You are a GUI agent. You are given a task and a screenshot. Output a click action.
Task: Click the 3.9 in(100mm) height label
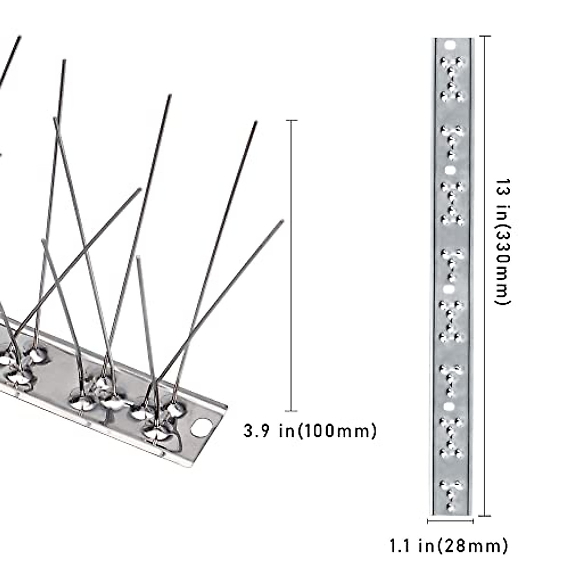coord(310,431)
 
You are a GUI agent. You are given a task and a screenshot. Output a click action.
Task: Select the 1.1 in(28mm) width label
coord(449,545)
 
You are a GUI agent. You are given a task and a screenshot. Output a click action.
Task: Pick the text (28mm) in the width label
coord(472,545)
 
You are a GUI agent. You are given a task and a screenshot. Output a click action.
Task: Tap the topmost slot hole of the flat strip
coord(450,46)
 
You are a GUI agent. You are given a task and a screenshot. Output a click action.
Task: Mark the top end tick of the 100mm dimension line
coord(292,121)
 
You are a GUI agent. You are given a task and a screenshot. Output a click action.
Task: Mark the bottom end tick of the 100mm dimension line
coord(291,411)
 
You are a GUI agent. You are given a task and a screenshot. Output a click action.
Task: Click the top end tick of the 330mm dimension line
coord(484,37)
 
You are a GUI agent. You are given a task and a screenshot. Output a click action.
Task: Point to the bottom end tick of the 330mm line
coord(484,515)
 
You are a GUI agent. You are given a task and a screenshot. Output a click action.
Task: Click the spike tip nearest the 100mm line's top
coord(256,123)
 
